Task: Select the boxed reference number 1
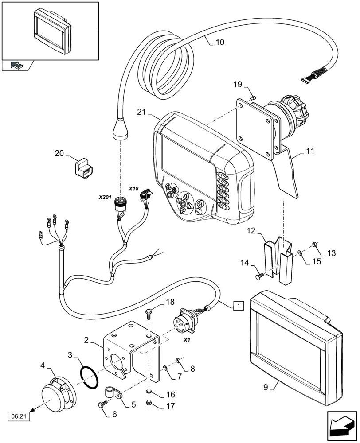click(238, 305)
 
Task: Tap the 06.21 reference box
click(15, 416)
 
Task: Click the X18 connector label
click(133, 189)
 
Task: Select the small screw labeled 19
click(252, 97)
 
